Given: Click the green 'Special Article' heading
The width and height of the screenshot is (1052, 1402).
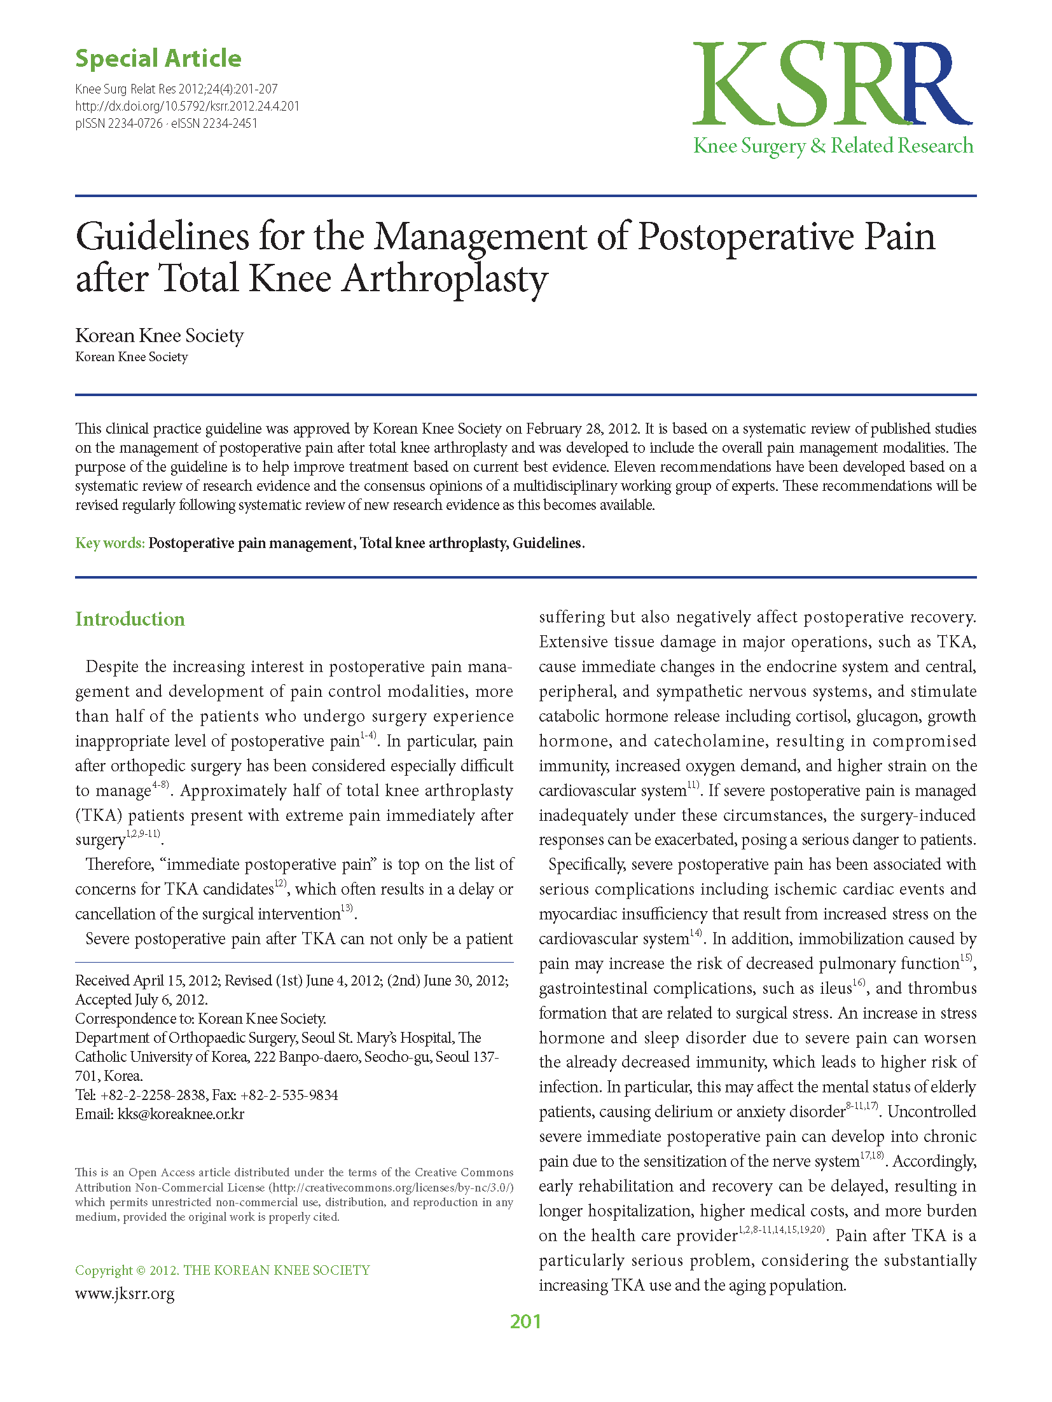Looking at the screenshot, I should [158, 58].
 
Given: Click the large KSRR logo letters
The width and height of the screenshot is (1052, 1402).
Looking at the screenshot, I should [832, 84].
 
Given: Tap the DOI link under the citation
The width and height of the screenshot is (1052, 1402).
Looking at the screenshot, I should [187, 106].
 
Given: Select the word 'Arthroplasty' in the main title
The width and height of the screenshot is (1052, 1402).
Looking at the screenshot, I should [445, 279].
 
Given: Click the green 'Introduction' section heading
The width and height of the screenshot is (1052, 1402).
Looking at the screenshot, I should [130, 619].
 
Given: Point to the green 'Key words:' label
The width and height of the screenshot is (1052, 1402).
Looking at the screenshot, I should [110, 543].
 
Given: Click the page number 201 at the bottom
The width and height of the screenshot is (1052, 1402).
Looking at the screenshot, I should [525, 1321].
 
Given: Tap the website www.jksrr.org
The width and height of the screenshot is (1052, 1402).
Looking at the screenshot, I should [125, 1293].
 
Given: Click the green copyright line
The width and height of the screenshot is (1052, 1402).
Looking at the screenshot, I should [222, 1270].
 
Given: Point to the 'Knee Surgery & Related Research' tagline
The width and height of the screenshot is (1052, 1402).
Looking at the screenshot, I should [833, 146].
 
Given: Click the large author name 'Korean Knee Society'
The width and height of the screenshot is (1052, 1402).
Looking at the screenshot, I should [159, 335].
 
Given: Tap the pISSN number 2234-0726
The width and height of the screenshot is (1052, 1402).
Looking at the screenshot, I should [135, 123].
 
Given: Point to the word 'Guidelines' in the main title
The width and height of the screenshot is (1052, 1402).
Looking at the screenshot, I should [162, 237].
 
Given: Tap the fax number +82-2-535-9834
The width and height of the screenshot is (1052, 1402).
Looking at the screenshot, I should [289, 1095].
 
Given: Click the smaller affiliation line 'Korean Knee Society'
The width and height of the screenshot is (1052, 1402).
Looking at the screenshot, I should [131, 357].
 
